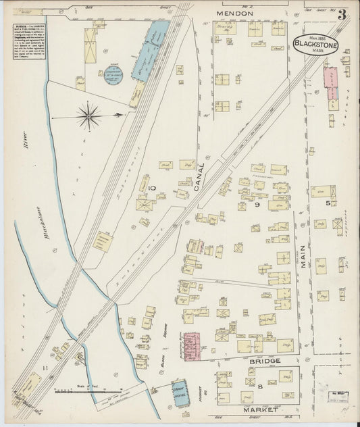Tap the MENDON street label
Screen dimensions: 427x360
click(x=235, y=13)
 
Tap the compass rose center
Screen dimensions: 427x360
click(x=88, y=116)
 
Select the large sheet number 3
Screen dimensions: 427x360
click(x=342, y=14)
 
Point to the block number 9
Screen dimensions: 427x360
click(x=257, y=204)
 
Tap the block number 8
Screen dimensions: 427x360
click(x=259, y=386)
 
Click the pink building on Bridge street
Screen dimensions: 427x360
click(x=192, y=345)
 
